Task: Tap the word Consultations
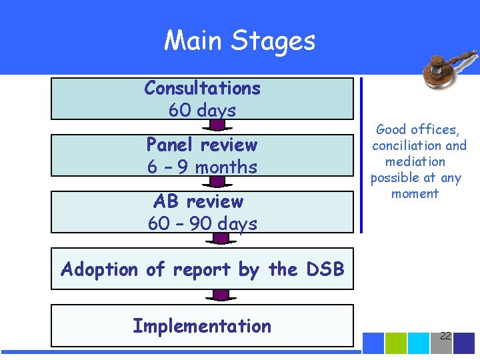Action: pos(202,88)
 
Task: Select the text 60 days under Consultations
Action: pos(202,110)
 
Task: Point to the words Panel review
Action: pos(202,145)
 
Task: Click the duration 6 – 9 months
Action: pos(202,167)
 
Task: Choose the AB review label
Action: pos(198,201)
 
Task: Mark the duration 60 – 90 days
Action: pos(202,223)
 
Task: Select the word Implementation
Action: pos(202,326)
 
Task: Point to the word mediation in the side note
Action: pos(415,161)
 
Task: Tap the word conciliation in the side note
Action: pos(407,145)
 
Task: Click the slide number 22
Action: pos(445,335)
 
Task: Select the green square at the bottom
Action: pos(396,343)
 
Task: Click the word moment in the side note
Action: pos(415,193)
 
